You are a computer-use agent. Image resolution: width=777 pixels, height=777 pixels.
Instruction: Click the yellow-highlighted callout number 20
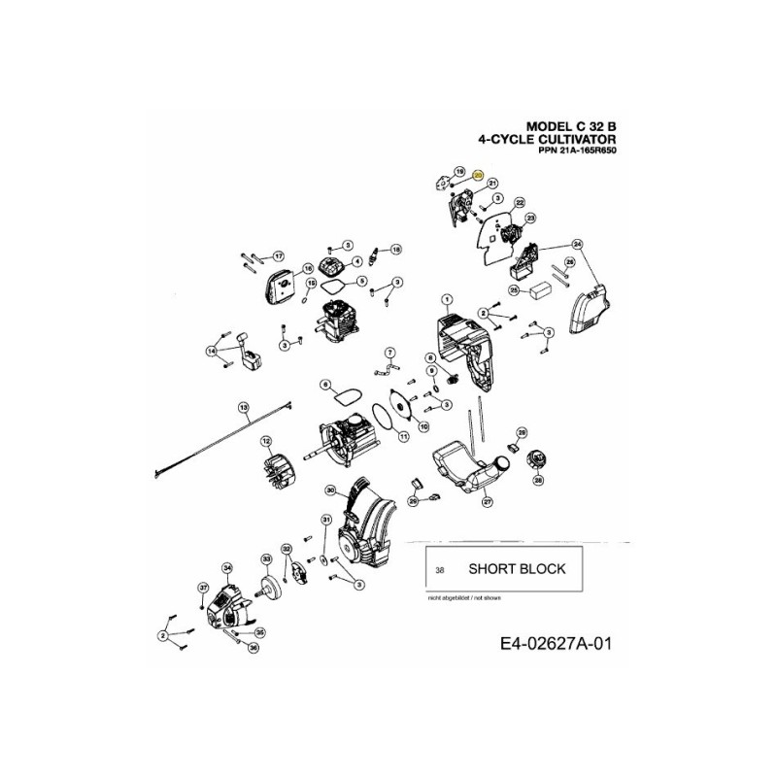(478, 175)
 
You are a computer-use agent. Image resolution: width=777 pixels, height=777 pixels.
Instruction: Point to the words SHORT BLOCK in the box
(516, 569)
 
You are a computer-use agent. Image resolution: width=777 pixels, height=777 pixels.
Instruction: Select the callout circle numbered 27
(487, 501)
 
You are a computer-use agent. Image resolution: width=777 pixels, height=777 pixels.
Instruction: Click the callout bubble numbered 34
(228, 567)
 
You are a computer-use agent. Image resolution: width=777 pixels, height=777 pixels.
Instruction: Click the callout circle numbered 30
(330, 490)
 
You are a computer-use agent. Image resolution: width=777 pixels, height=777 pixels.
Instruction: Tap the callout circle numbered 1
(448, 299)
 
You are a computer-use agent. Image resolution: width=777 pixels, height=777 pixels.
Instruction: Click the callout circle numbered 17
(278, 256)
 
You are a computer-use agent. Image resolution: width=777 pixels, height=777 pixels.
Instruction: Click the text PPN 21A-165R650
(577, 152)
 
